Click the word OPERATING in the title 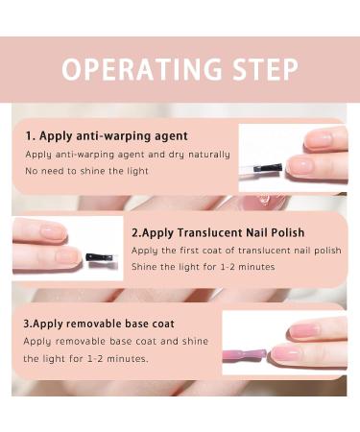142,69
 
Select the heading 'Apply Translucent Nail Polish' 223,232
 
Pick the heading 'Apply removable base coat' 104,324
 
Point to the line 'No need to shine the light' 86,171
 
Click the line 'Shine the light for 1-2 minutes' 204,267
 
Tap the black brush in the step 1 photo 268,168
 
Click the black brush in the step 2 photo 100,257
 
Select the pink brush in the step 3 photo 245,355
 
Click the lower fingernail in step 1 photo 301,165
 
